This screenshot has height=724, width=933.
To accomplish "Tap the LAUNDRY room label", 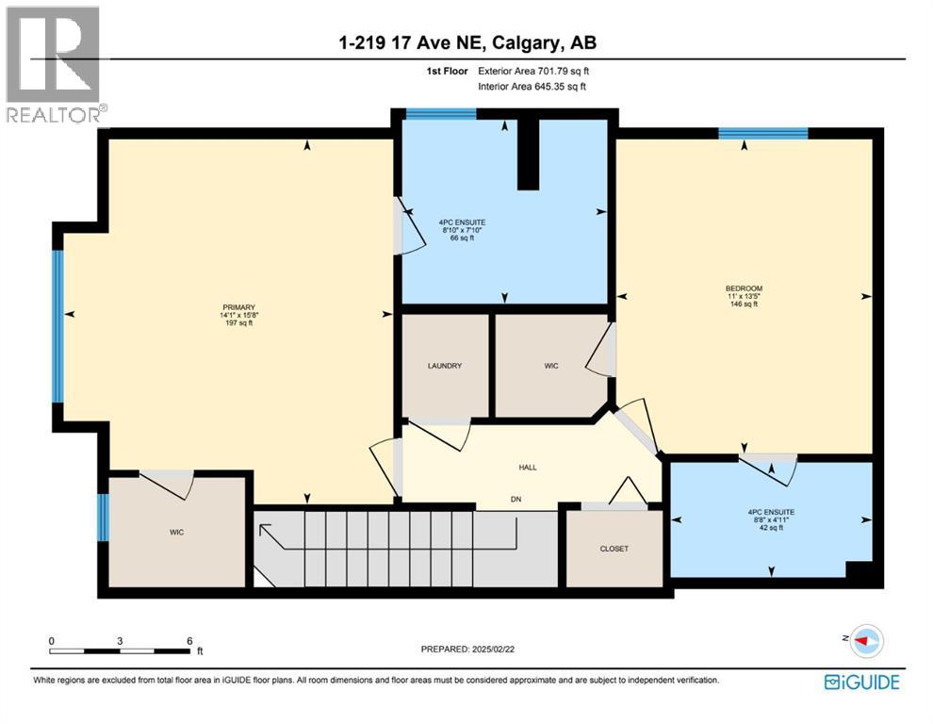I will point(444,366).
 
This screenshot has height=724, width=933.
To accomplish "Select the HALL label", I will point(528,467).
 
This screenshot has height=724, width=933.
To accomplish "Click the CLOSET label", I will point(614,549).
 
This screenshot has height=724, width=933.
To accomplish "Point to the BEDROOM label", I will point(744,288).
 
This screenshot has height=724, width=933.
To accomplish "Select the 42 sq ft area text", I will point(771,528).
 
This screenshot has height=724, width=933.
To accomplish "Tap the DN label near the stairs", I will point(516,499).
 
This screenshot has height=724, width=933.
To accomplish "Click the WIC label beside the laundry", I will point(551,366).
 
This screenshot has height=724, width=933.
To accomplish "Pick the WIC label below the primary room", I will point(176,533).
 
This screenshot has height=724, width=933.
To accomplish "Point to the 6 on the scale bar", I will point(189,640).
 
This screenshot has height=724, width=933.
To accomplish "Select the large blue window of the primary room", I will point(57,325).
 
